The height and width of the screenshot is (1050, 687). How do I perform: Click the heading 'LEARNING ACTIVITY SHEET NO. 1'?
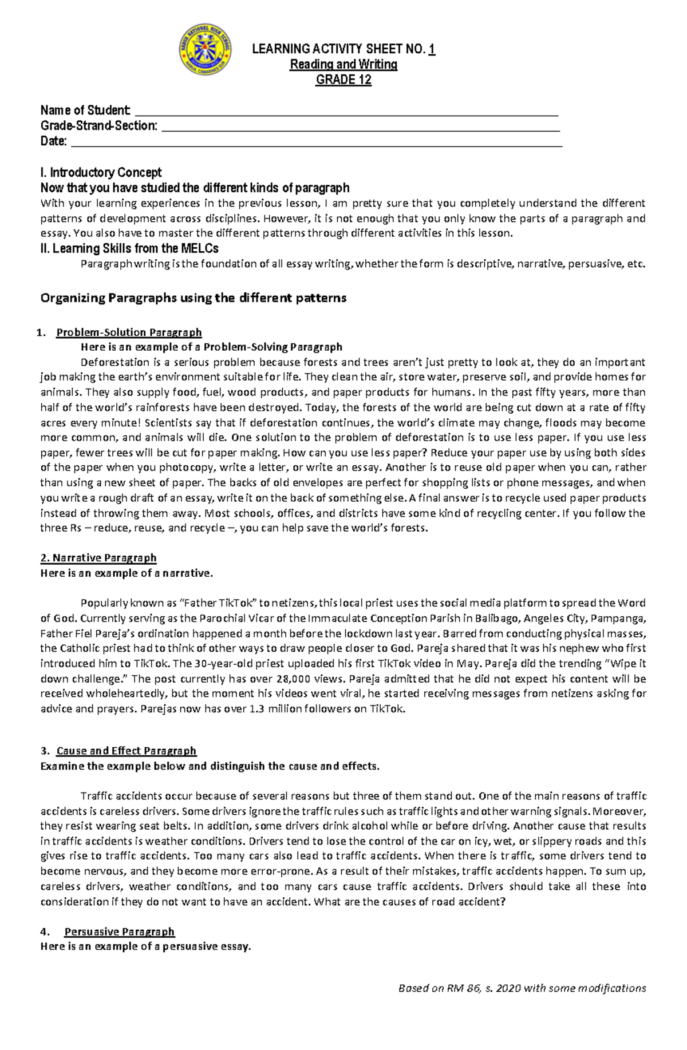[x=343, y=50]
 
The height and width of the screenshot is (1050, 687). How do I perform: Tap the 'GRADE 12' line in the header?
[x=343, y=80]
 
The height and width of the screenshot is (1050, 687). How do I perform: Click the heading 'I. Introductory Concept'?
[x=101, y=172]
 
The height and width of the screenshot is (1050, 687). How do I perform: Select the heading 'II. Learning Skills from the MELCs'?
[x=129, y=248]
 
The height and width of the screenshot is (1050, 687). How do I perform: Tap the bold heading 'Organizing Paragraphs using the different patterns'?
[x=194, y=298]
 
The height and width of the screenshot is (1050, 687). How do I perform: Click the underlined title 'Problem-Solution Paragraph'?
[x=129, y=332]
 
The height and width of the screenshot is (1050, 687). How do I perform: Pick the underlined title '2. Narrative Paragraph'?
[x=98, y=558]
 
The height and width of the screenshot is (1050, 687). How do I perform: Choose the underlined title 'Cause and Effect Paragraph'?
[x=127, y=751]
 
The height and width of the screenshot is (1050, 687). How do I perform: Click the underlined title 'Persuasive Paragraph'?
[x=120, y=932]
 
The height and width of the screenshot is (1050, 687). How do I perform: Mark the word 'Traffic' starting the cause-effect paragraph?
[x=97, y=796]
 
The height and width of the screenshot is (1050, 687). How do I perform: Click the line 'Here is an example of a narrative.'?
[x=127, y=573]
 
